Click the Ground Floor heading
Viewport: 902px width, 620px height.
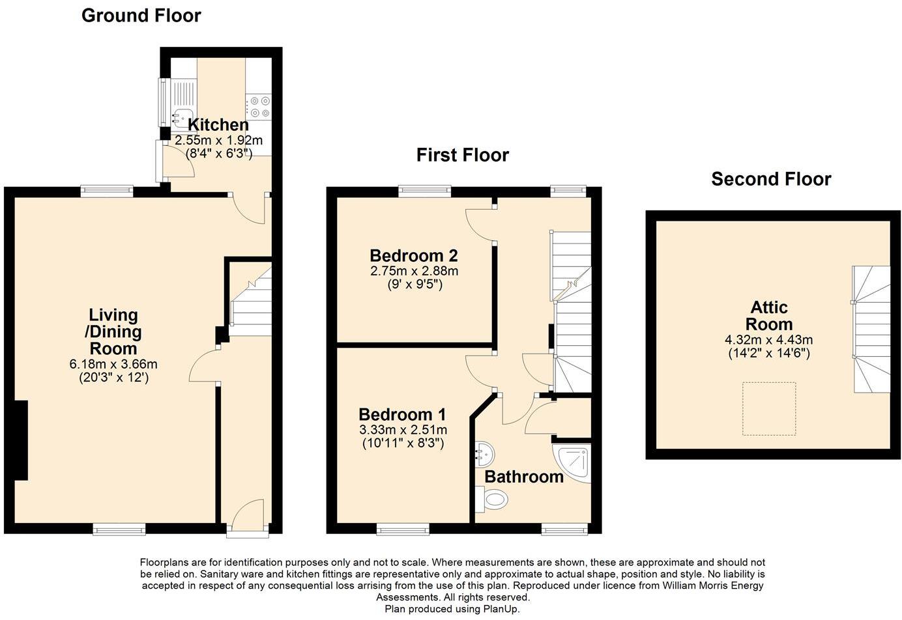coord(141,16)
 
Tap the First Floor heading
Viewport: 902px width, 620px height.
coord(462,155)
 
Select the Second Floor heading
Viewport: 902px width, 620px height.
coord(771,179)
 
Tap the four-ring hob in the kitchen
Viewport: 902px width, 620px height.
coord(258,107)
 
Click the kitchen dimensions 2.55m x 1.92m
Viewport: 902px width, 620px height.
coord(218,140)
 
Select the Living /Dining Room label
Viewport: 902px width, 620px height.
coord(114,331)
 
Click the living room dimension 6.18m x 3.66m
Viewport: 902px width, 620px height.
coord(113,364)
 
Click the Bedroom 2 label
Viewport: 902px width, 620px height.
coord(413,255)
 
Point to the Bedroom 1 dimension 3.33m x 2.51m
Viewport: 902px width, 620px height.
coord(403,430)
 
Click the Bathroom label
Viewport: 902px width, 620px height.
coord(523,477)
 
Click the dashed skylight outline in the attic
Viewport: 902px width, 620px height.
coord(768,409)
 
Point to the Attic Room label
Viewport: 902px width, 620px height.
coord(768,316)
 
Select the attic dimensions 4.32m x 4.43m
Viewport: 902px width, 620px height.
coord(768,340)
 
